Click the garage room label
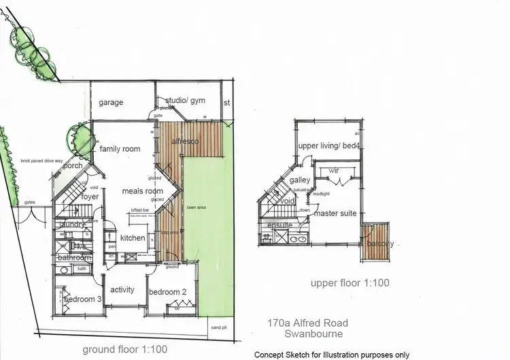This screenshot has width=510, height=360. pyautogui.click(x=111, y=103)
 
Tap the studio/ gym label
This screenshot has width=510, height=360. pyautogui.click(x=185, y=101)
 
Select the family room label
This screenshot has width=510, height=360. pyautogui.click(x=120, y=149)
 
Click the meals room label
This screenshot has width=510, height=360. pyautogui.click(x=141, y=191)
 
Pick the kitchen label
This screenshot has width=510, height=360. pyautogui.click(x=133, y=238)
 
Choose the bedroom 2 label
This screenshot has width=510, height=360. pyautogui.click(x=168, y=292)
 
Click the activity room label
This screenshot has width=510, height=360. pyautogui.click(x=122, y=290)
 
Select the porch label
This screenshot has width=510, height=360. pyautogui.click(x=72, y=165)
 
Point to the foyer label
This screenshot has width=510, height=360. pyautogui.click(x=90, y=197)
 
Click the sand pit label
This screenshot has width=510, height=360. pyautogui.click(x=218, y=327)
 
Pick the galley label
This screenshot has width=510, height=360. pyautogui.click(x=299, y=180)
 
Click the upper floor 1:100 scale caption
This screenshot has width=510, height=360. pyautogui.click(x=350, y=283)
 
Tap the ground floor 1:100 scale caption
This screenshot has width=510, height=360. pyautogui.click(x=124, y=349)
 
